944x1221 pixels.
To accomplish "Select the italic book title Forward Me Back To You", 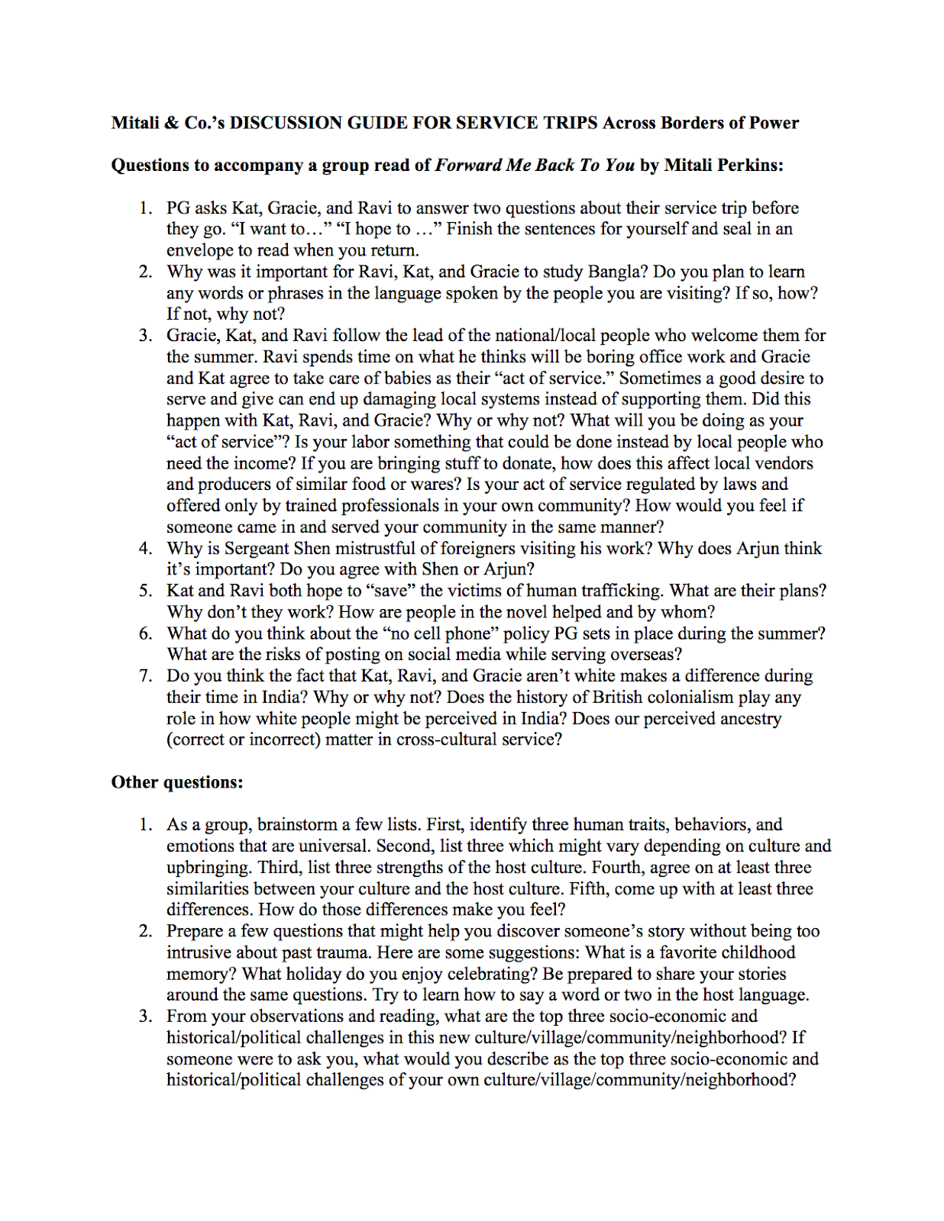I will coord(534,166).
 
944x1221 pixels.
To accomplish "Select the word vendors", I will coord(783,463).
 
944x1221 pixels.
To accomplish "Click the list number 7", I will coord(145,675).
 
